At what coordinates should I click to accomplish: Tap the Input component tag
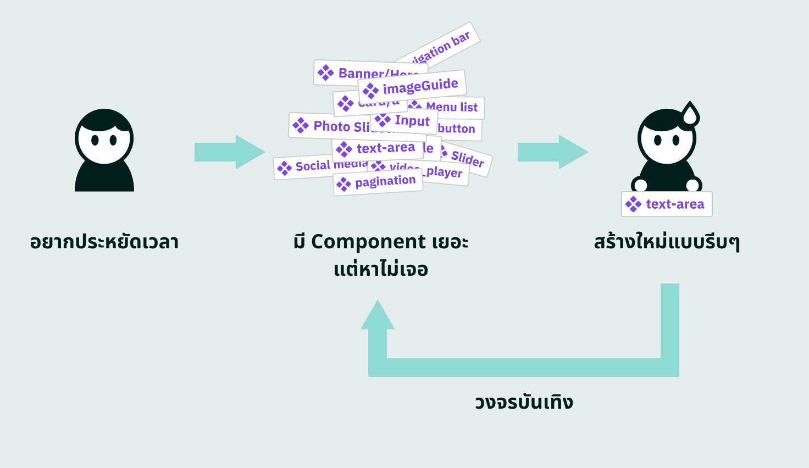click(x=404, y=120)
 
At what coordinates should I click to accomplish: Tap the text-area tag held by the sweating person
click(x=667, y=204)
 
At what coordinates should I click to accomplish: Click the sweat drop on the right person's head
click(x=690, y=114)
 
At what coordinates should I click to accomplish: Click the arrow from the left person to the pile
click(x=229, y=152)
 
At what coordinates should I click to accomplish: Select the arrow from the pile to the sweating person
click(x=552, y=152)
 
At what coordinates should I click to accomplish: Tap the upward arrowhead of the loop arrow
click(x=378, y=315)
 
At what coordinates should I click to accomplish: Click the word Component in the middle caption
click(x=368, y=242)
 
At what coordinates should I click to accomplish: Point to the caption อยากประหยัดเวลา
click(x=104, y=242)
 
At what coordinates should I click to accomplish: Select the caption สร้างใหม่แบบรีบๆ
click(x=667, y=242)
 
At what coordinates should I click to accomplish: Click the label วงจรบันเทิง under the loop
click(x=524, y=402)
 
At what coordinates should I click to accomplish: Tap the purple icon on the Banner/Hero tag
click(x=326, y=73)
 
